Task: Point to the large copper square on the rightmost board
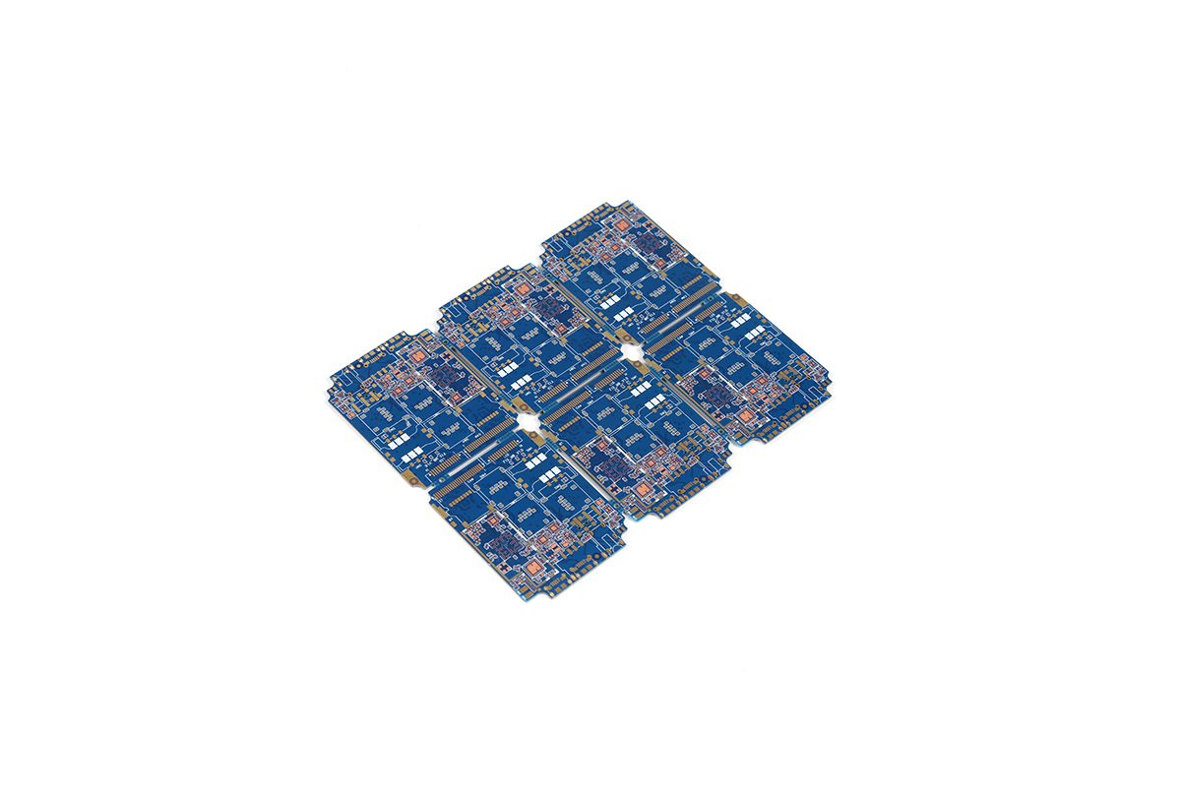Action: point(745,416)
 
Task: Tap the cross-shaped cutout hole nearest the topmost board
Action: point(630,350)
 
